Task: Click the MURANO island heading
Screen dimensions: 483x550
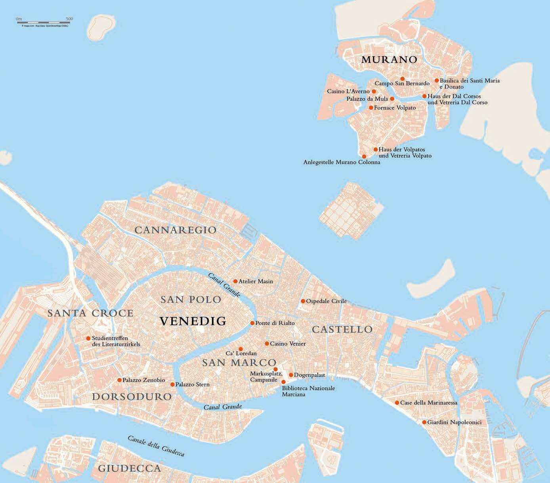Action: [389, 60]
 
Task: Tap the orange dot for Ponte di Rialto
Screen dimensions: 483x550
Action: [252, 323]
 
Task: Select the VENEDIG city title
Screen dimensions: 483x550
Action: [193, 321]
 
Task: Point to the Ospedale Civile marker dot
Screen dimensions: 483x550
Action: [303, 301]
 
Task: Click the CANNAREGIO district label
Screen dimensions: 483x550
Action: [176, 230]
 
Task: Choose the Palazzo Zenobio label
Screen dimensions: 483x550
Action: [143, 380]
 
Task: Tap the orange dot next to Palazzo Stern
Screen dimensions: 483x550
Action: [172, 384]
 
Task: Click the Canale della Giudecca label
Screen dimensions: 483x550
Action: [156, 446]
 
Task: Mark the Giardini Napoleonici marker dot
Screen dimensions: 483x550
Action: [424, 422]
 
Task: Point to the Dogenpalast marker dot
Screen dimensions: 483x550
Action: [291, 375]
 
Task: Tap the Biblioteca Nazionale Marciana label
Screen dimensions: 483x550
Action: [308, 391]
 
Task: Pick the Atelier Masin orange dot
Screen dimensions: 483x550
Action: [235, 281]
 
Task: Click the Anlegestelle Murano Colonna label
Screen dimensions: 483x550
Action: [342, 162]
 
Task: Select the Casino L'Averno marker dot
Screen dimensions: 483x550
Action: [374, 91]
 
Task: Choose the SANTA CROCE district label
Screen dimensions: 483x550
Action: [90, 313]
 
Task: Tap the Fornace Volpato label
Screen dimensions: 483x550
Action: [395, 108]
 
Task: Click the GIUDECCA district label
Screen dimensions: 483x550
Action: [129, 468]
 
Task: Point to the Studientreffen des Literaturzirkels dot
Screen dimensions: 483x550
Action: [88, 338]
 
